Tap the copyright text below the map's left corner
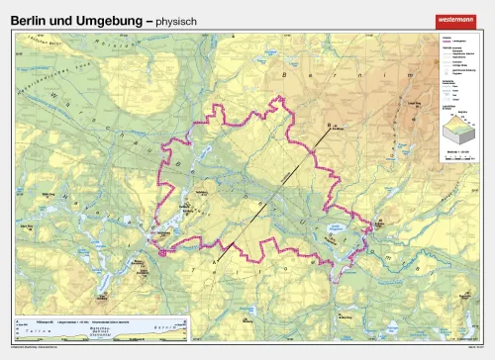click(40, 347)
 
